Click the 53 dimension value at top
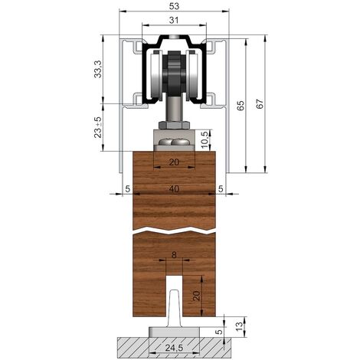click(x=174, y=6)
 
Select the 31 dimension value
click(x=174, y=20)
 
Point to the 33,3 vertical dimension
click(x=98, y=69)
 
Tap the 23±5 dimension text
click(x=98, y=127)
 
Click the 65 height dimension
click(x=241, y=106)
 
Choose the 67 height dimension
click(x=260, y=103)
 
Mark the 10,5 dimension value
click(x=205, y=140)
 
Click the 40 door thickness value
click(x=174, y=189)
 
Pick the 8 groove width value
click(x=174, y=255)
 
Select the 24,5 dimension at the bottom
click(x=174, y=348)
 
